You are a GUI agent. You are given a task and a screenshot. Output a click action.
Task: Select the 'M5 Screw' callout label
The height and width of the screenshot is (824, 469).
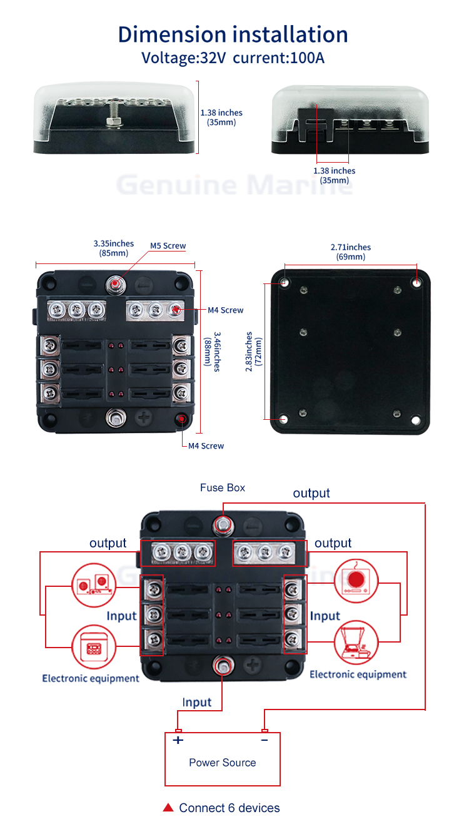(168, 246)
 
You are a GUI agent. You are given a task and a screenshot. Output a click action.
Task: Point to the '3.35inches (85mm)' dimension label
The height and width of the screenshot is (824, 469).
(113, 248)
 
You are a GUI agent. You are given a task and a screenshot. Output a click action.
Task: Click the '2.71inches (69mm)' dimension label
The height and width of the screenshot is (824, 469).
(350, 252)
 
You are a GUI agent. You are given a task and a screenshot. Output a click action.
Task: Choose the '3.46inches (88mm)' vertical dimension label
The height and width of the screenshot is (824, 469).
(213, 352)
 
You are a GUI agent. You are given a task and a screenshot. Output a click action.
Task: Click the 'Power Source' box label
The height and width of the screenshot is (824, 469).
(222, 763)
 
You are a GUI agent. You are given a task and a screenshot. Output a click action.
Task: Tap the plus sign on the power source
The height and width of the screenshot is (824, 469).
(178, 740)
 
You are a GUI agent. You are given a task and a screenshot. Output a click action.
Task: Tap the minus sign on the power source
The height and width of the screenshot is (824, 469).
(265, 740)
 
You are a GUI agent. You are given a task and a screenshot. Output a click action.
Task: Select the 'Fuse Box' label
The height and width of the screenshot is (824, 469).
(223, 487)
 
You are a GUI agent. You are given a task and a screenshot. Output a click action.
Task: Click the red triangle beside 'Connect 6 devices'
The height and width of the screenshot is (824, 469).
(168, 808)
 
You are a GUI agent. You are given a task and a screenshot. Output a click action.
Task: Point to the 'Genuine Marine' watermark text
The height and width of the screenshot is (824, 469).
(234, 185)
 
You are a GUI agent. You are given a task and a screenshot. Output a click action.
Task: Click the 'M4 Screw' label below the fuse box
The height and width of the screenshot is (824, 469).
(206, 445)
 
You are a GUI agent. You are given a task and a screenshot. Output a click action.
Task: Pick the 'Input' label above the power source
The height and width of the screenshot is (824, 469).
(197, 703)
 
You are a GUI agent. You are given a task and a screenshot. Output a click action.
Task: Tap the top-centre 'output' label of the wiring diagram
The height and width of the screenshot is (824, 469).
(311, 493)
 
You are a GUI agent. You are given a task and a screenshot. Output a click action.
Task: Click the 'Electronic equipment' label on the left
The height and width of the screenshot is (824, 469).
(91, 678)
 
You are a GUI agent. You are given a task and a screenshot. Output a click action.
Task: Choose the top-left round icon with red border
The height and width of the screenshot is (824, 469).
(94, 585)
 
